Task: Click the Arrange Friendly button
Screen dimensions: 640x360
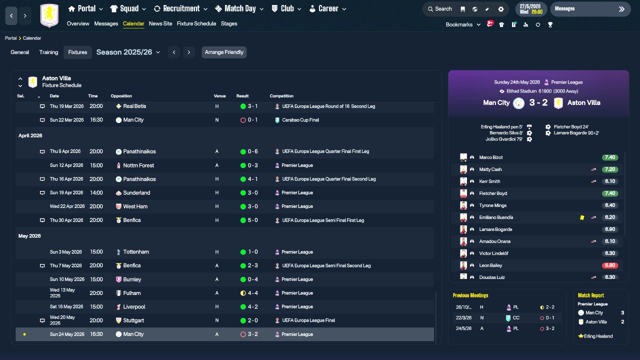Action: click(x=224, y=52)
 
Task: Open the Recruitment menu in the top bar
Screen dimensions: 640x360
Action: click(x=180, y=8)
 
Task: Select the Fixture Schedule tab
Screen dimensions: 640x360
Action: click(x=196, y=23)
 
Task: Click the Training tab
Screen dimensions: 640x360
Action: click(x=48, y=52)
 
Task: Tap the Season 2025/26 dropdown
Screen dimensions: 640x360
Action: click(x=128, y=52)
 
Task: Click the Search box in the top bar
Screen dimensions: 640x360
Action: click(x=440, y=9)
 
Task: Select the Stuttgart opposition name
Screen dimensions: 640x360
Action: click(x=133, y=320)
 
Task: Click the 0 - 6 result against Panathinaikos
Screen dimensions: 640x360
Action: click(x=252, y=151)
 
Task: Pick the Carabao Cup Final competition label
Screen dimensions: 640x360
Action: click(x=300, y=120)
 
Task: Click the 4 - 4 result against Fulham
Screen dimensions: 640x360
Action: click(x=252, y=293)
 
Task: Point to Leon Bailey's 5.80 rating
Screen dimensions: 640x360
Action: click(x=609, y=265)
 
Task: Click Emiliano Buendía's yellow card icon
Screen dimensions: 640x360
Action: click(x=582, y=217)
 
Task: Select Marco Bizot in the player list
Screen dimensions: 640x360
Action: click(x=490, y=157)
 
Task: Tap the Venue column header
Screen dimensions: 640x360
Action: click(x=219, y=96)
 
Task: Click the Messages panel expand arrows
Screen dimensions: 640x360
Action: click(x=621, y=9)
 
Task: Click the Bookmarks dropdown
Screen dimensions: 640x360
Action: click(x=463, y=24)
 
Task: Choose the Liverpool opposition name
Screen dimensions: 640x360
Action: click(x=134, y=307)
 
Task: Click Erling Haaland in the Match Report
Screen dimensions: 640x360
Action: click(x=598, y=336)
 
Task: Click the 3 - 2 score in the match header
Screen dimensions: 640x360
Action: click(x=538, y=102)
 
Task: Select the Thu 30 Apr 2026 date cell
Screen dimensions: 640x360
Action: click(x=66, y=220)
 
